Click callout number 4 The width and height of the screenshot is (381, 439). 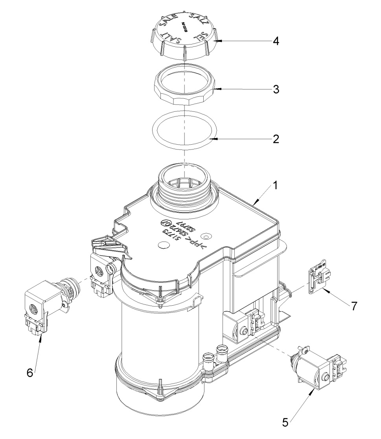click(277, 41)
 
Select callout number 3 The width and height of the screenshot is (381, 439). click(277, 90)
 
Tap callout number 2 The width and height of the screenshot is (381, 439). click(277, 139)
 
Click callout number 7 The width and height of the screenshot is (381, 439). click(355, 306)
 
